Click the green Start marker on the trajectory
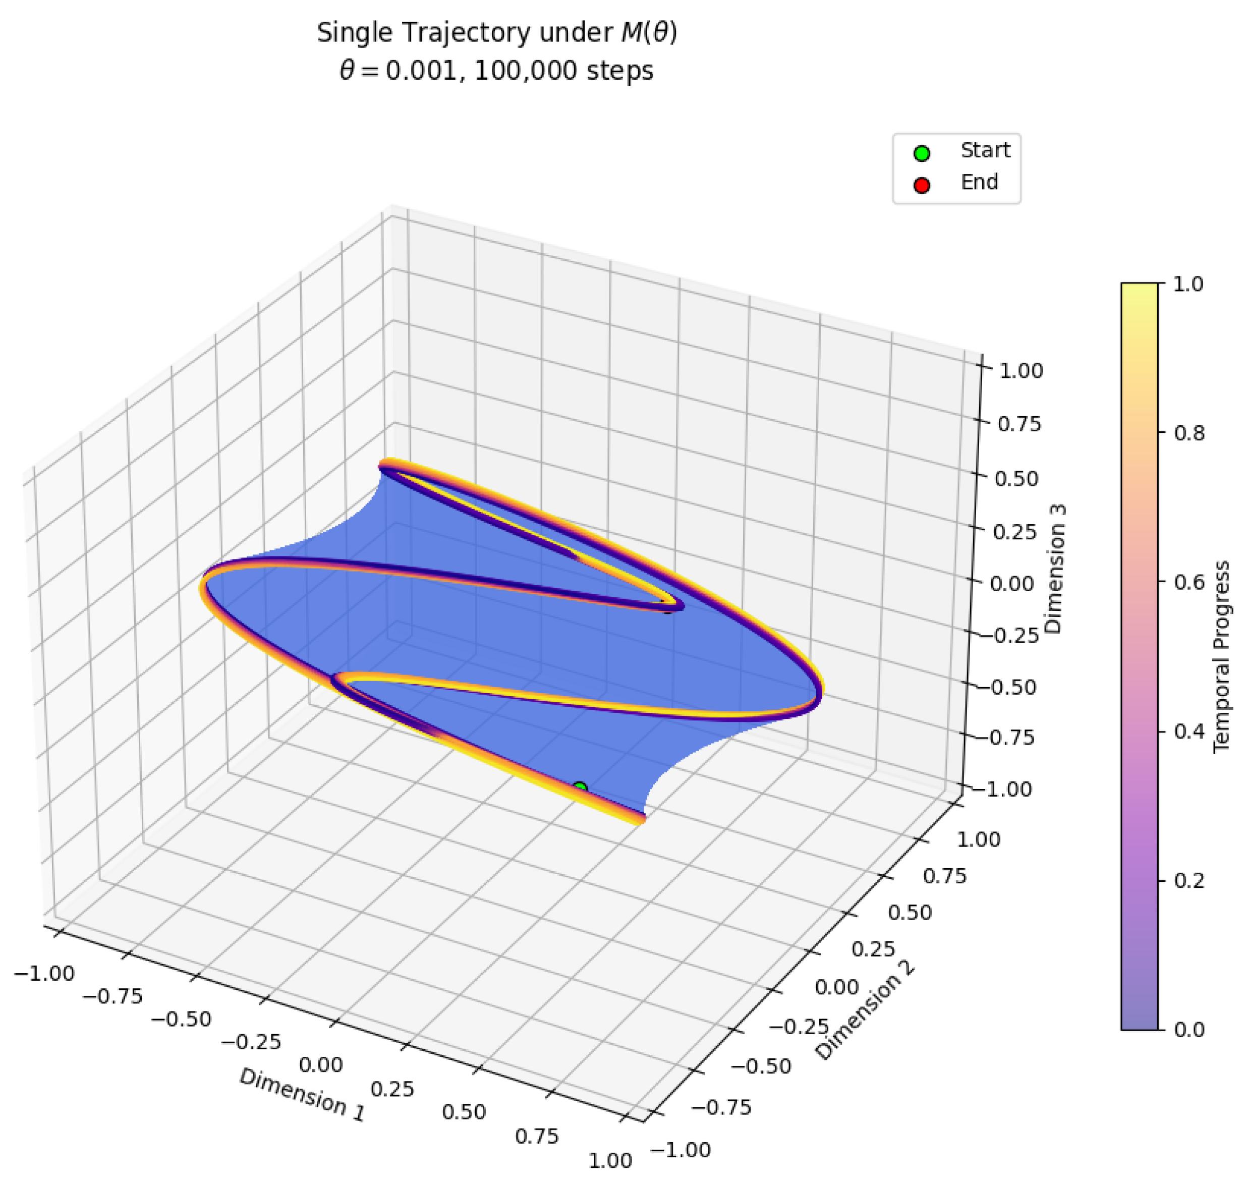580,787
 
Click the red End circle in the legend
922,185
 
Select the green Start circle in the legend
922,152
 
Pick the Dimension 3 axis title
1054,569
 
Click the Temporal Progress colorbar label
1222,656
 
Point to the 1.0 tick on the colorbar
1188,284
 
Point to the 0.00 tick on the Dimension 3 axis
1011,583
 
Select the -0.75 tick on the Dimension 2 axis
721,1107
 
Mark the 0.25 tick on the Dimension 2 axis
873,949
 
